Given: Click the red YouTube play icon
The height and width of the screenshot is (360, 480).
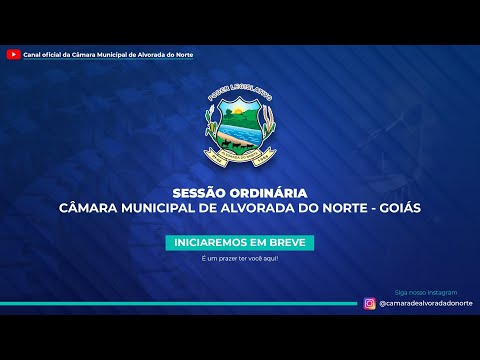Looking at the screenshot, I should tap(14, 53).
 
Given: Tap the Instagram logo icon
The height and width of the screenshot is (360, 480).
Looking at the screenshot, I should tap(370, 303).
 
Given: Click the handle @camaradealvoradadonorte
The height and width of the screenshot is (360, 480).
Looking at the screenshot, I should tap(423, 303).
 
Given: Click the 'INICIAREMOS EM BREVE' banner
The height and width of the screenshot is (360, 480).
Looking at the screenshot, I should tap(240, 243).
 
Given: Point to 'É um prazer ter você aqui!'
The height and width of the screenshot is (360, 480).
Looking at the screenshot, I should tap(240, 259).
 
